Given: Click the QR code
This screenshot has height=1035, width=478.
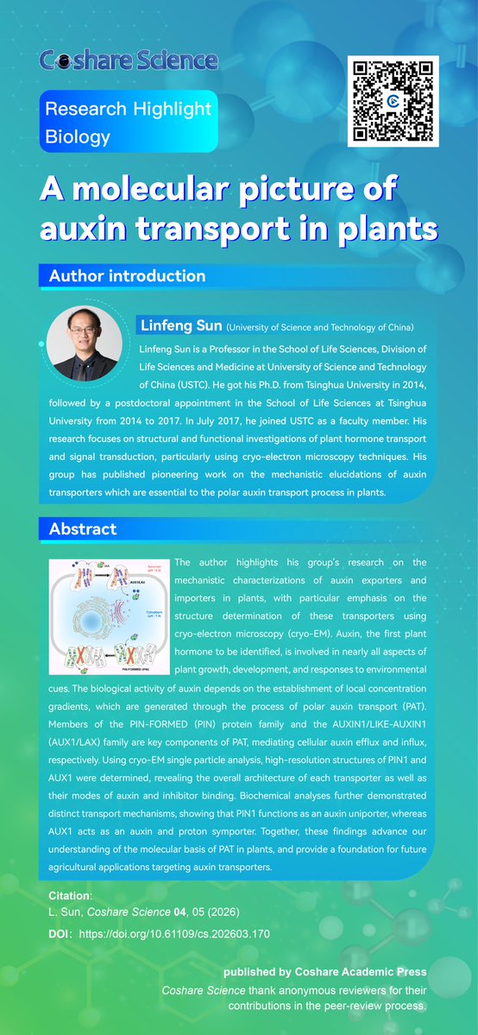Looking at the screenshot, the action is (393, 101).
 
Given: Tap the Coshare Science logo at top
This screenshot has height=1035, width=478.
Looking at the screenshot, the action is (129, 60).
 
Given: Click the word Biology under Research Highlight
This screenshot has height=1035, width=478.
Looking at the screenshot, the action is (78, 136).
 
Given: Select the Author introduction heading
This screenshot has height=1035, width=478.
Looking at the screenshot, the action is (127, 276).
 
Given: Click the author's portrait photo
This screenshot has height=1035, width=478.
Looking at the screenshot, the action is (84, 343).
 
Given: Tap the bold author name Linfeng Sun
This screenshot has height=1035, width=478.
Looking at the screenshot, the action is (179, 326).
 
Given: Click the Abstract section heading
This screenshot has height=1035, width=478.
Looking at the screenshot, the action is (82, 528).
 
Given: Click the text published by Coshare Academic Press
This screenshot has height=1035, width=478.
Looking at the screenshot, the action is (324, 972).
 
